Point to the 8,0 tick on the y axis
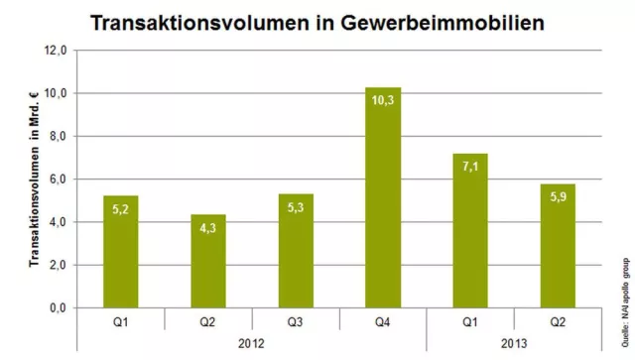(62, 136)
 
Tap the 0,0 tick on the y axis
(62, 308)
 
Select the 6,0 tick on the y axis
(62, 180)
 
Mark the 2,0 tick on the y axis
(62, 266)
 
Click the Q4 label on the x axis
(383, 321)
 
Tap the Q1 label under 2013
(470, 321)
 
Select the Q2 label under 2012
(208, 321)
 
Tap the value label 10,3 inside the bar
(383, 100)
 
